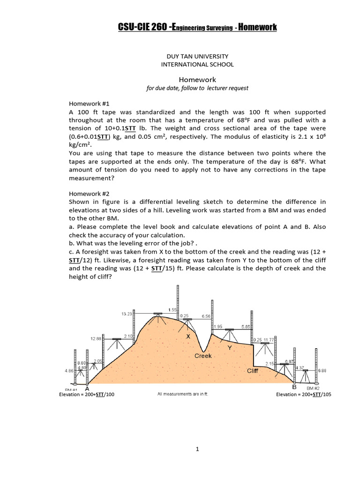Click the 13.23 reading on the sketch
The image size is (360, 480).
coord(127,314)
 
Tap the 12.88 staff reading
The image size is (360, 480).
coord(96,338)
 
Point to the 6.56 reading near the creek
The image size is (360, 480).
coord(206,316)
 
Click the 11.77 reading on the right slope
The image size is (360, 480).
coord(269,339)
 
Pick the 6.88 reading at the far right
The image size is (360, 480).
coord(322,371)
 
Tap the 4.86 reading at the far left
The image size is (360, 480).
coord(68,371)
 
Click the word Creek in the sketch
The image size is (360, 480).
coord(203,356)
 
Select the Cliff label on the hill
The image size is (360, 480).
coord(253,371)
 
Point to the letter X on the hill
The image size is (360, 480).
coord(188,337)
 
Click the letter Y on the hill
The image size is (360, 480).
coord(229,348)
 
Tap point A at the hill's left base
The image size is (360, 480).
coord(87,388)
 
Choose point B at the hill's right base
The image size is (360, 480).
coord(294,387)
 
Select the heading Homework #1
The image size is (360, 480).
coord(89,104)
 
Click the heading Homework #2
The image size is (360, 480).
coord(89,193)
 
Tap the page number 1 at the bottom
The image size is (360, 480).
coord(197,450)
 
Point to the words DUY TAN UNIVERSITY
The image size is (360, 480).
coord(197,56)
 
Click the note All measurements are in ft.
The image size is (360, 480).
coord(182,394)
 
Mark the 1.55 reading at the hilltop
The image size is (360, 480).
coord(172,310)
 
